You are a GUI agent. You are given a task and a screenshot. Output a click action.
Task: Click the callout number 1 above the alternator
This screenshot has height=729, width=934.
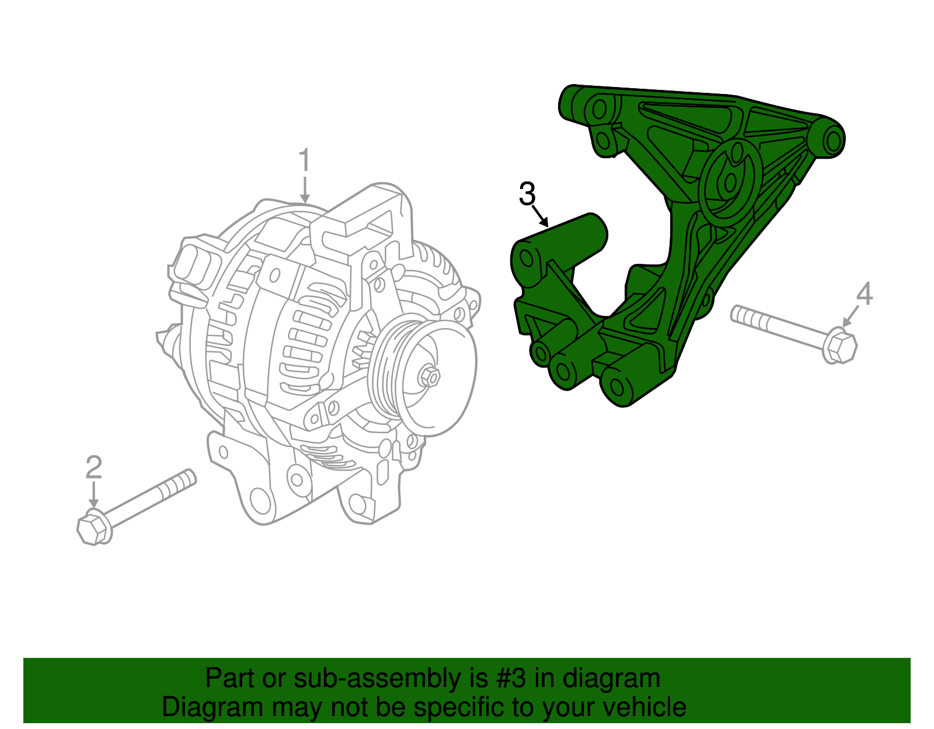point(304,160)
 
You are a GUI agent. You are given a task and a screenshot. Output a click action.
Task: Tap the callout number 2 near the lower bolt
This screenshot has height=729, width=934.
point(93,467)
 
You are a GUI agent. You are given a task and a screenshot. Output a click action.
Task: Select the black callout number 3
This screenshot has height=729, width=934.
point(527,194)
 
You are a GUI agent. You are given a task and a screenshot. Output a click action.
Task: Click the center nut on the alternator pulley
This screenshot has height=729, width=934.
point(430,376)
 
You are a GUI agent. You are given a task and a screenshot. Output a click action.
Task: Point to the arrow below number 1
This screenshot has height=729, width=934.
point(304,190)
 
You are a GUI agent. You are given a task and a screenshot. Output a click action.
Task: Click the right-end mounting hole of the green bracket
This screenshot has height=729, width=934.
point(834,141)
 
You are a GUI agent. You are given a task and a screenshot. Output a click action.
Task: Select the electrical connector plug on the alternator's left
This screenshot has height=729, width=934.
point(194,267)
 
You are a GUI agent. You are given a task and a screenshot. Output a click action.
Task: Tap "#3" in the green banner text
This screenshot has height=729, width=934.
point(512,679)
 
